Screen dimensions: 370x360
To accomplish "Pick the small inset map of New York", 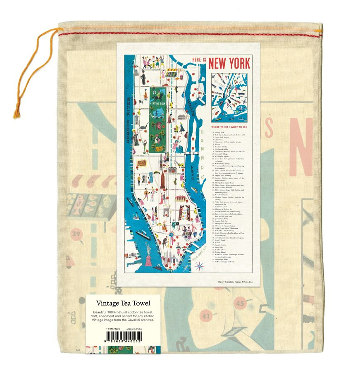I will [x=229, y=97].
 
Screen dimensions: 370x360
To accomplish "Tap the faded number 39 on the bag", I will [x=76, y=235].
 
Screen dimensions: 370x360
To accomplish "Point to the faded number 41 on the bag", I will [x=206, y=317].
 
